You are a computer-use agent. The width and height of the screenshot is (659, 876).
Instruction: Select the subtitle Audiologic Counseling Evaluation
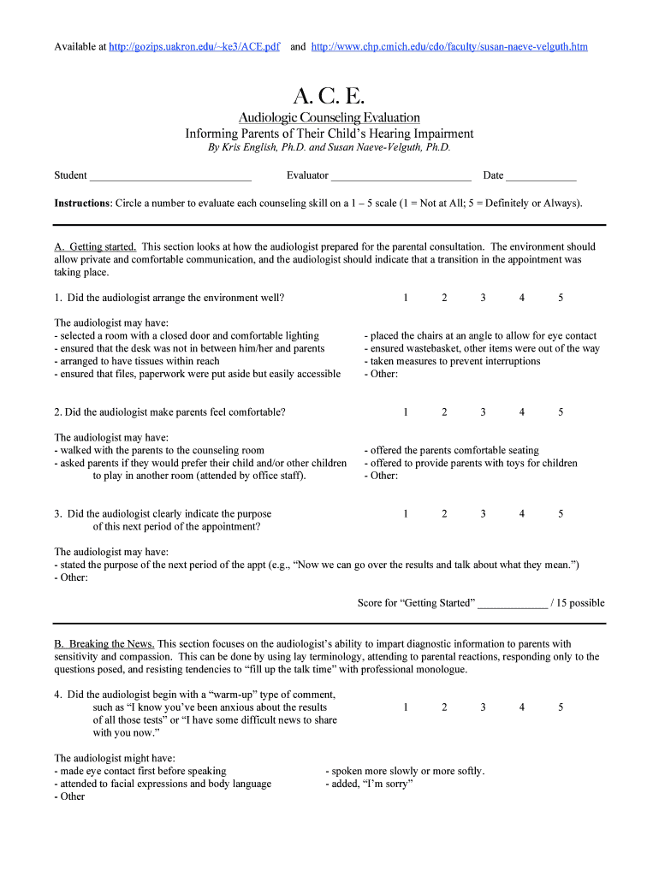coord(329,117)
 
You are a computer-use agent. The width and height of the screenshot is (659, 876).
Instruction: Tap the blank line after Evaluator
coord(401,176)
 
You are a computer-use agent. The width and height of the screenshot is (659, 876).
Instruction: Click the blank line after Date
coord(541,176)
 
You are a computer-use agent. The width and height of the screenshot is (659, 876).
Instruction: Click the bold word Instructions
coord(82,204)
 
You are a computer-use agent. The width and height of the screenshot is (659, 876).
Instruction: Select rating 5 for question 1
coord(561,298)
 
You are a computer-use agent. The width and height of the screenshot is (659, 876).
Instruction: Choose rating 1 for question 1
coord(406,298)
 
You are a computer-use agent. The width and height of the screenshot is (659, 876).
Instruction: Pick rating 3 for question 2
coord(483,411)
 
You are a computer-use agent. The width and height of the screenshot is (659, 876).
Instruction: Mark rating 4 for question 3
coord(521,514)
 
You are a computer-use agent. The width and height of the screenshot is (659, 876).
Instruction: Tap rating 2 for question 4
coord(444,707)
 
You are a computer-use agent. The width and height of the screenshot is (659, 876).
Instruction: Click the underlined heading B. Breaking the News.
coord(104,643)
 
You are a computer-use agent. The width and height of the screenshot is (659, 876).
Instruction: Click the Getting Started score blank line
coord(512,604)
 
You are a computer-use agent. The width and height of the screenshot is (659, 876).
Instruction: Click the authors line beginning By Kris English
coord(329,147)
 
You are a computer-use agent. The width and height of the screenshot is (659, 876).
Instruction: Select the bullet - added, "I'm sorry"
coord(369,784)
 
